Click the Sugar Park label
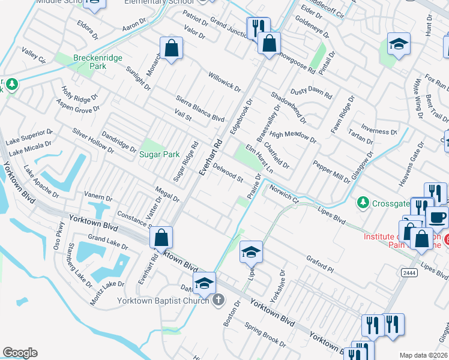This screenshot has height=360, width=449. tap(160, 154)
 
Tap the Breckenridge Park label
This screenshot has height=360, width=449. tap(89, 62)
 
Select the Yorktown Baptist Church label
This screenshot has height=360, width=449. tap(161, 299)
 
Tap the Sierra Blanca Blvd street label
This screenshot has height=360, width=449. tap(200, 108)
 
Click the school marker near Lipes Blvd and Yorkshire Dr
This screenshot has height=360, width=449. tap(252, 252)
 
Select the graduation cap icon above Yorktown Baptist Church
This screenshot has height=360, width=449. tap(204, 283)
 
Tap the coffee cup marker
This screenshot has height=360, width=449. tap(437, 217)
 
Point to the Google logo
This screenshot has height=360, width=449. tap(20, 353)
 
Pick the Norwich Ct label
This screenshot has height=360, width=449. tap(283, 193)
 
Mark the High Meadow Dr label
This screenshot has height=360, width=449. tap(293, 137)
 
